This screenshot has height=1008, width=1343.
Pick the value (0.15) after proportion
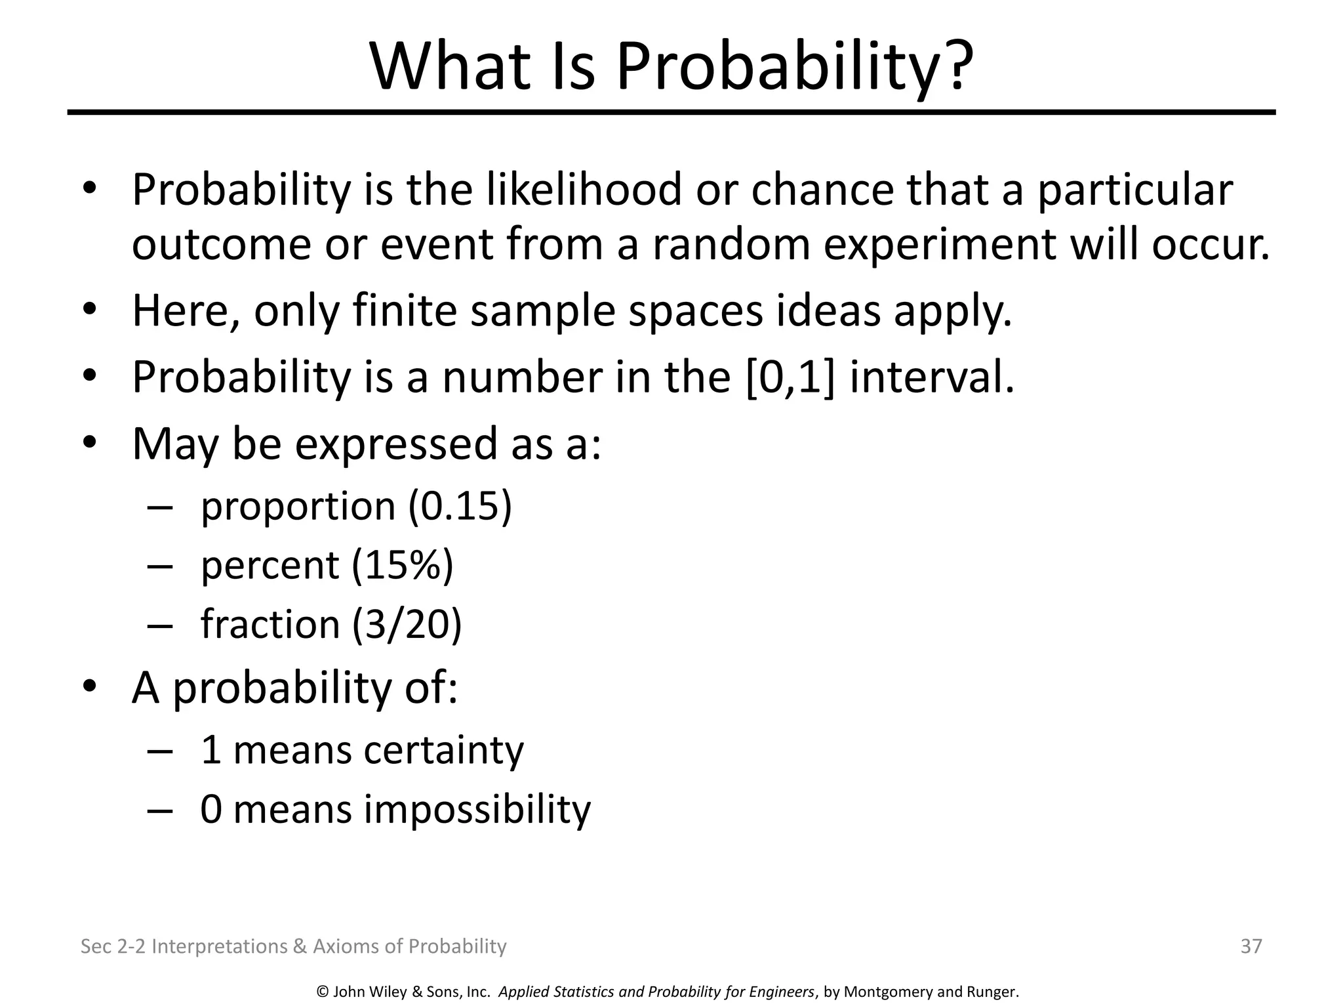460,506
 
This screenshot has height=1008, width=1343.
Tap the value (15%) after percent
402,565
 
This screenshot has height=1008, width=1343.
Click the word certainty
443,750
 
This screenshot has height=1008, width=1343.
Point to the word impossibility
477,809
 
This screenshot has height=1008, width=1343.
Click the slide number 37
1251,946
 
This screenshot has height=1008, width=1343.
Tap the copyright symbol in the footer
322,992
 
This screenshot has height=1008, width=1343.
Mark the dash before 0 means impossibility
160,810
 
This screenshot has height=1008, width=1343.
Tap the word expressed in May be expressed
396,444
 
